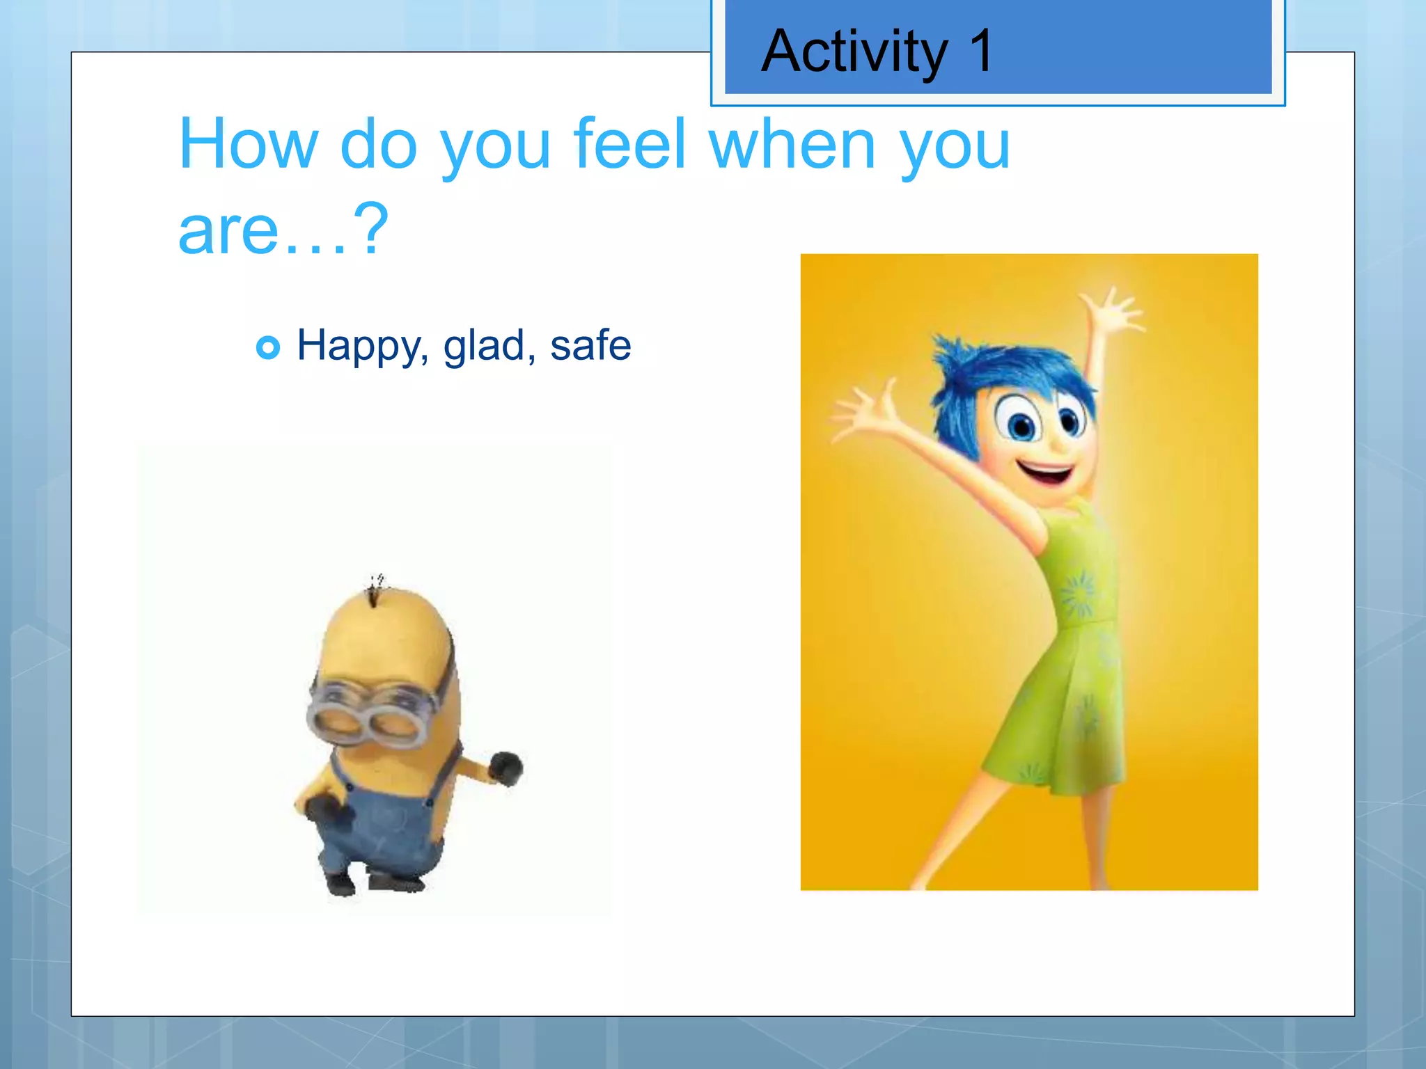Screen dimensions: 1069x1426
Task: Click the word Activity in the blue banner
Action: pyautogui.click(x=855, y=52)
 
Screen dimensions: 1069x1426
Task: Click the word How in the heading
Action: pyautogui.click(x=247, y=144)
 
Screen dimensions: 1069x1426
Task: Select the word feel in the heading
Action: pyautogui.click(x=631, y=144)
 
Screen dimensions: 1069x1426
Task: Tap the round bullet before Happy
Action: pyautogui.click(x=268, y=347)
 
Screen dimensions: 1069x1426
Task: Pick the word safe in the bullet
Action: pyautogui.click(x=590, y=345)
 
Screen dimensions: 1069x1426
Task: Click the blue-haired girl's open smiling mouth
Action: pyautogui.click(x=1047, y=475)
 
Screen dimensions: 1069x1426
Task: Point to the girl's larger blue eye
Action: pyautogui.click(x=1021, y=423)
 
